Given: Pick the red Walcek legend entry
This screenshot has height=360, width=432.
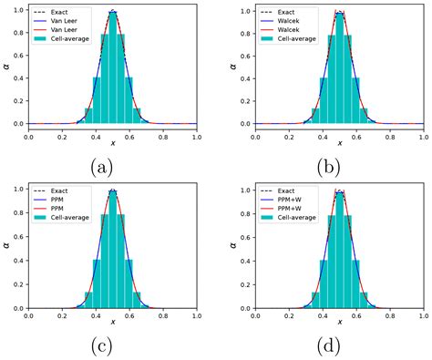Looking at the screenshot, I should pyautogui.click(x=289, y=30).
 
